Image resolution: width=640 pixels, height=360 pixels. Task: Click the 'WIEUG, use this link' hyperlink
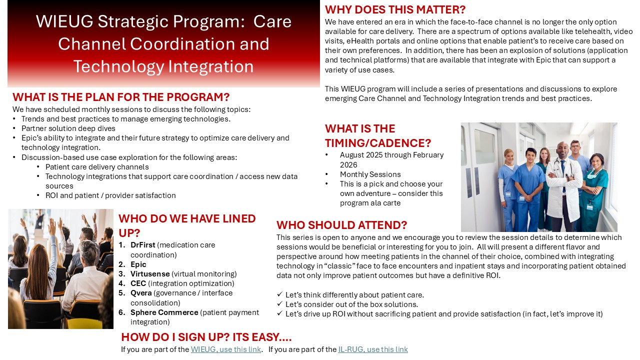pos(225,349)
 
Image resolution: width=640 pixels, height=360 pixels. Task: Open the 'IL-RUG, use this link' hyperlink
pos(373,349)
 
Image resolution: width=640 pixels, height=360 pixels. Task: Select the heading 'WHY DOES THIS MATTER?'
pos(395,9)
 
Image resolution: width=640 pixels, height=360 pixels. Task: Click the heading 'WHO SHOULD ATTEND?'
pos(341,225)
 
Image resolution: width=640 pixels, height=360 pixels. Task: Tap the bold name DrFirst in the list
pos(143,245)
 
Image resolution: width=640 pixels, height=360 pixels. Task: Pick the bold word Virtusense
pos(150,273)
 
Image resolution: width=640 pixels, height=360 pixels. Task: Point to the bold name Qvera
pos(141,293)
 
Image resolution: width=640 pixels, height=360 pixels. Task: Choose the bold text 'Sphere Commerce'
pos(164,312)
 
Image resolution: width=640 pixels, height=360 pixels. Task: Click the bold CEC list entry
pos(138,283)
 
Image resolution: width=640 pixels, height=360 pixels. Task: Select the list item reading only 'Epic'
pos(138,264)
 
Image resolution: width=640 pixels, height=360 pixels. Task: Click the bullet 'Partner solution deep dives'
pos(68,128)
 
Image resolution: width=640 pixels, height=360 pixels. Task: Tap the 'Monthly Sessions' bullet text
pos(370,174)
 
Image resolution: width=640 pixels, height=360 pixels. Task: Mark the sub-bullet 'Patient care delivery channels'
pos(97,167)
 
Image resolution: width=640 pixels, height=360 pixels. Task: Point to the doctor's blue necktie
pos(563,174)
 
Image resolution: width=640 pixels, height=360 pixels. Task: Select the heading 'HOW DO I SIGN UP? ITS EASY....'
pos(206,337)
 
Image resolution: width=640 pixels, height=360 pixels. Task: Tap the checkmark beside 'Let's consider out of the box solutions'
pos(279,303)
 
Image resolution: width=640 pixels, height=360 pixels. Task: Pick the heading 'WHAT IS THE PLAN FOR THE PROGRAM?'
pos(121,97)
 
